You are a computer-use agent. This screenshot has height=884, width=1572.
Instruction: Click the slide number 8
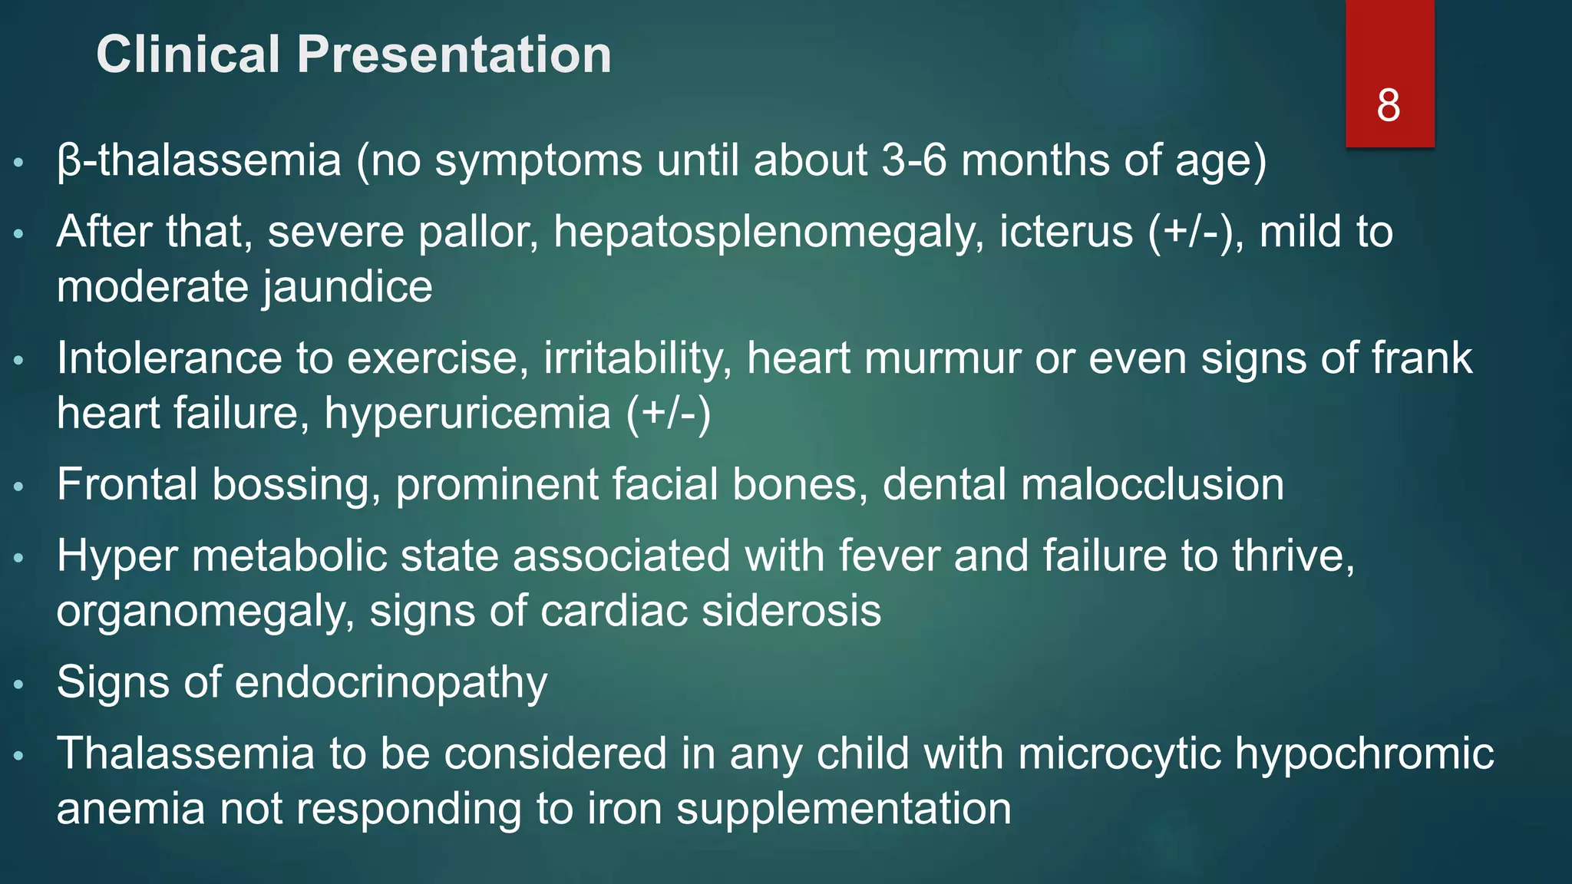tap(1388, 105)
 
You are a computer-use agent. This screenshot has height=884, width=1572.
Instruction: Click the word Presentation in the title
tap(454, 54)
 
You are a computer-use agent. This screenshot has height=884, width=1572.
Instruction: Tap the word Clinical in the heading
tap(188, 54)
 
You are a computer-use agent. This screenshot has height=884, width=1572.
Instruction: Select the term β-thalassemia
tap(199, 160)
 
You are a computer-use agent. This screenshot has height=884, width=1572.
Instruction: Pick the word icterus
tap(1066, 232)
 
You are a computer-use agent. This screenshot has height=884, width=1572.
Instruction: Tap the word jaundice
tap(348, 287)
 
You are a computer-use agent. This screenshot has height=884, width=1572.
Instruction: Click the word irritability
tap(638, 358)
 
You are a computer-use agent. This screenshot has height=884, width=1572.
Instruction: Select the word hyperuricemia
tap(467, 413)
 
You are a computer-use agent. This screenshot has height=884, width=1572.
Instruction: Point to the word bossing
tap(296, 484)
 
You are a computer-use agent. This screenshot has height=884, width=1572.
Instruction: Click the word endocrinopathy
tap(391, 682)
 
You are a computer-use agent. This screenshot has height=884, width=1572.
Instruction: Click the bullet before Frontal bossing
tap(20, 486)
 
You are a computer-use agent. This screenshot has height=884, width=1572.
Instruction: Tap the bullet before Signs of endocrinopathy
tap(20, 684)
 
